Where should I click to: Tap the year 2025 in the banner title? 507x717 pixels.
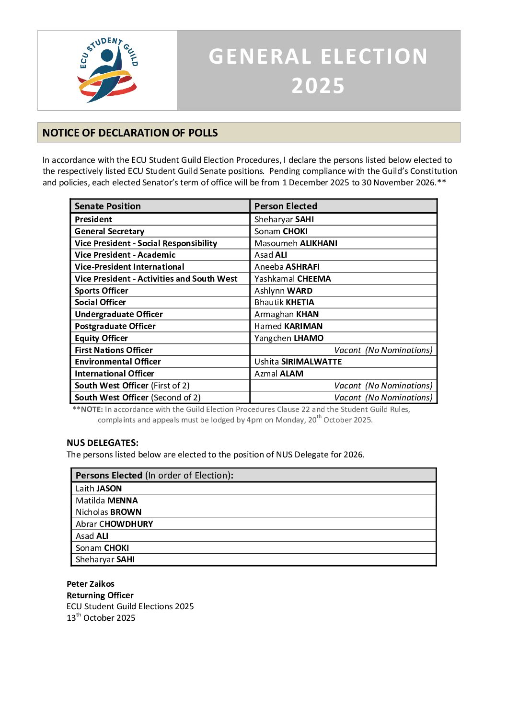318,86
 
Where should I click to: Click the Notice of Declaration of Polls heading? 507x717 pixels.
130,133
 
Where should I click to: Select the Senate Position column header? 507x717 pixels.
108,206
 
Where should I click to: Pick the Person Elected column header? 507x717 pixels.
286,206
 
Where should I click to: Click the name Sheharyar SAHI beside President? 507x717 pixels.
284,219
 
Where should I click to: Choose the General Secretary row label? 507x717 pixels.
109,231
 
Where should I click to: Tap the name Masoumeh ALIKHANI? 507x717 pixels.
296,243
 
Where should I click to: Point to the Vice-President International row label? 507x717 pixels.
129,267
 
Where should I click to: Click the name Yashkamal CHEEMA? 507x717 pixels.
292,279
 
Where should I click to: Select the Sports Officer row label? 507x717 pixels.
102,291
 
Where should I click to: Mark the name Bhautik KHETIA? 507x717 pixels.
284,302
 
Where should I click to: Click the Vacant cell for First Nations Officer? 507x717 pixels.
383,350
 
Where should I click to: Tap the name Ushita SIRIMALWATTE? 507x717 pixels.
298,362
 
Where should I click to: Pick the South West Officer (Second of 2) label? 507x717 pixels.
138,398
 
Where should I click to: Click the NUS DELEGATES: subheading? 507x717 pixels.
103,443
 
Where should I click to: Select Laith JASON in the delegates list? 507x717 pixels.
99,489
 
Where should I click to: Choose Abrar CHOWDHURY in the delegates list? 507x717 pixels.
114,524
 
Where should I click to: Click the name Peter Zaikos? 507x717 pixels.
91,584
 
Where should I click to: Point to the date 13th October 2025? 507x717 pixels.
101,618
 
